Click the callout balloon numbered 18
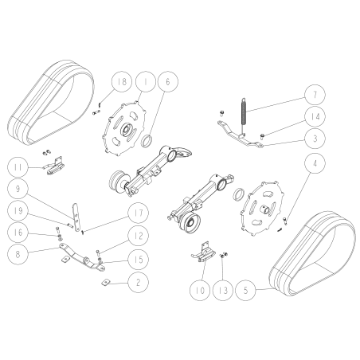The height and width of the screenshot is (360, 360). coord(122,82)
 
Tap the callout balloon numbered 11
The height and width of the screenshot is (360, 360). coord(19,167)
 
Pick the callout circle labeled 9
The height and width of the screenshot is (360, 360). coord(19,190)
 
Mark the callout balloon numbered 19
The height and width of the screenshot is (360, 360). coord(19,211)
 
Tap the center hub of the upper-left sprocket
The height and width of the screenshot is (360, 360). coord(126,130)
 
